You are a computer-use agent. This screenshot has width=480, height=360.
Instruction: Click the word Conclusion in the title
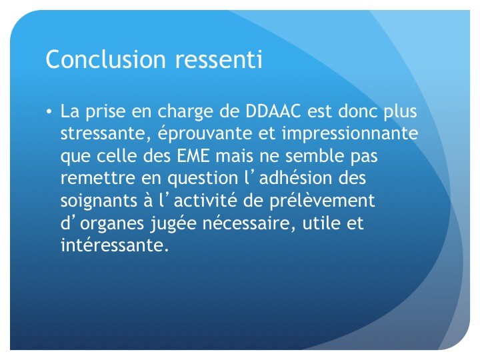105,59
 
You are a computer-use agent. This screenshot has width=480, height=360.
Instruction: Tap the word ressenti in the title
219,59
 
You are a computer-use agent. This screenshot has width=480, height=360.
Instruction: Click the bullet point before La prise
49,111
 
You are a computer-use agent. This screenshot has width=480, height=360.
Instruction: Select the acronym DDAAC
273,111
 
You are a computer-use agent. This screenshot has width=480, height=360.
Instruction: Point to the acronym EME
193,155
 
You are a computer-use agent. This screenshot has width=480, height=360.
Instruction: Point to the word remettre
97,178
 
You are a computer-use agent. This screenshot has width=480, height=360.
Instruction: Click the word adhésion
295,178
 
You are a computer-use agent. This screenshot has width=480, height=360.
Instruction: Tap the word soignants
99,201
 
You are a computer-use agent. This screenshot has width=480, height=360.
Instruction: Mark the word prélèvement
322,201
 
